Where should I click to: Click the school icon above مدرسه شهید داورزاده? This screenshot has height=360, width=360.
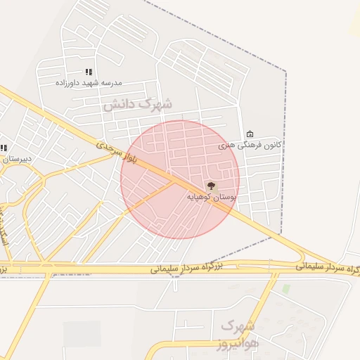89,72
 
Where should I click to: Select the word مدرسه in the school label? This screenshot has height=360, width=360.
110,83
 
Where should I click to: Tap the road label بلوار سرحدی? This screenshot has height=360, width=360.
110,149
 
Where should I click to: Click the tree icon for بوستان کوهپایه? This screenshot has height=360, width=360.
211,186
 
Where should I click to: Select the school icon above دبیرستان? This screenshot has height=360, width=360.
4,148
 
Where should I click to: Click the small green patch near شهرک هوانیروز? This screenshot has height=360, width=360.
285,288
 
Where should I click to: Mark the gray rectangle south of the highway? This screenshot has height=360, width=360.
82,334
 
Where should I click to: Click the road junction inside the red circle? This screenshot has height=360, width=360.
175,181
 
